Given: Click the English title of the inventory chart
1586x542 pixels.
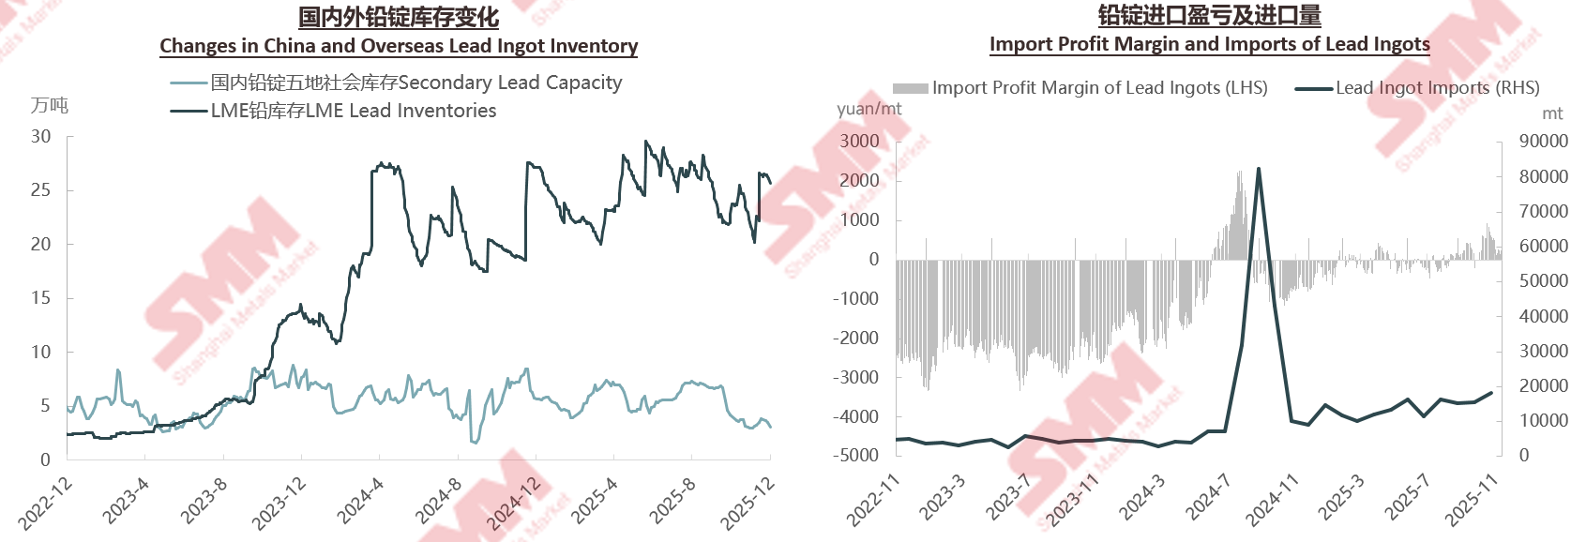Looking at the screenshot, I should (x=399, y=46).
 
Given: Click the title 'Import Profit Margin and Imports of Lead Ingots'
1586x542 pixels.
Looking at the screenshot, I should (x=1209, y=44).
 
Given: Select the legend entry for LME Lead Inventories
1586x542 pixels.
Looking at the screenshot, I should (x=353, y=111).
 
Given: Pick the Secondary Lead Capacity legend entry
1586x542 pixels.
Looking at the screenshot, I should (x=415, y=83).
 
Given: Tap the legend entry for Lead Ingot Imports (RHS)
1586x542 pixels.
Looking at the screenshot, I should (x=1437, y=88).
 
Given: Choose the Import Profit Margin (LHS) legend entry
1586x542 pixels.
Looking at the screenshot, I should (x=1099, y=88).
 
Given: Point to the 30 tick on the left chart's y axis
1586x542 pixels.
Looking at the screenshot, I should (x=40, y=137).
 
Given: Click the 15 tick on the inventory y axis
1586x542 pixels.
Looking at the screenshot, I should (x=40, y=298).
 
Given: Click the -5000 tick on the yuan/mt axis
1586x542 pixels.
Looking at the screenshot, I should (x=856, y=456).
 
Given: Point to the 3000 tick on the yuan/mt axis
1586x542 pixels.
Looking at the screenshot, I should (x=860, y=142).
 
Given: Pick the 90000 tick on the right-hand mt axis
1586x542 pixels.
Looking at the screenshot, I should (x=1544, y=142).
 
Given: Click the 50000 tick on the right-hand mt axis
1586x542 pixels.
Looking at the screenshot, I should (x=1544, y=281).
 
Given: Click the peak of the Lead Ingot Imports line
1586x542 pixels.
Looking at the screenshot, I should (x=1259, y=169).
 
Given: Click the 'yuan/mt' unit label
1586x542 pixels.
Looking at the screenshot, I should (x=869, y=109).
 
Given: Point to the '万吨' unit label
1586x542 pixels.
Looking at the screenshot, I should (x=50, y=106).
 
